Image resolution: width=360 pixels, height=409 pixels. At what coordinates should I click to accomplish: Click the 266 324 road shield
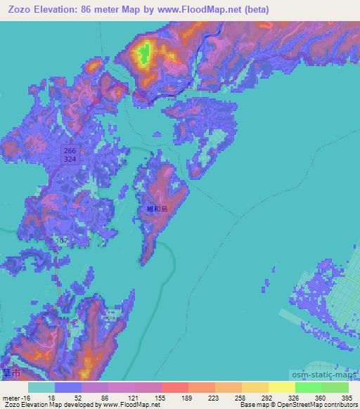point(69,155)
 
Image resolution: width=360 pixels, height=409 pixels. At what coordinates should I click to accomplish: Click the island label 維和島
point(157,209)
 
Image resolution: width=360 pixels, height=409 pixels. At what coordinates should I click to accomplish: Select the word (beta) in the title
point(253,9)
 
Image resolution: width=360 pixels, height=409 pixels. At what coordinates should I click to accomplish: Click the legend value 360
point(321,397)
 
